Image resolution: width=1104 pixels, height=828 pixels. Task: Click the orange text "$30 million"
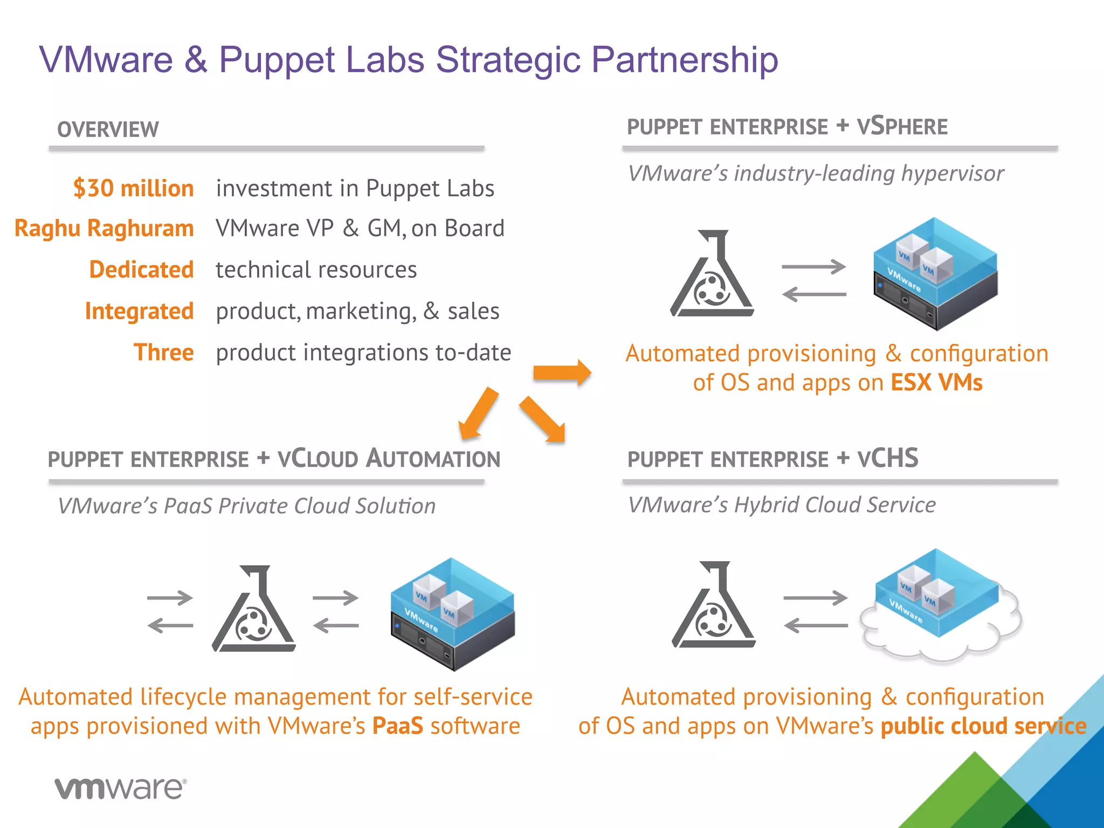click(133, 189)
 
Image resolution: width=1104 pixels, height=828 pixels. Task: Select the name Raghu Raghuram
click(104, 229)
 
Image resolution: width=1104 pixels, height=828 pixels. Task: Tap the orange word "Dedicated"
click(141, 270)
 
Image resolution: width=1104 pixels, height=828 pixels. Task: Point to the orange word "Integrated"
click(139, 311)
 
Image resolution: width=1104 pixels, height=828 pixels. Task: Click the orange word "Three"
click(163, 353)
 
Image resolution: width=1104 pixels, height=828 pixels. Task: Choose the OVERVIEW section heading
click(108, 130)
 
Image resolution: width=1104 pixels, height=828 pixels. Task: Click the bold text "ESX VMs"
click(936, 383)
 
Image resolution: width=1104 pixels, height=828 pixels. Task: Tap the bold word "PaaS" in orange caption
click(398, 726)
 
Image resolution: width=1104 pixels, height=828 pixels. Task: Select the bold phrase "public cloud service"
click(983, 726)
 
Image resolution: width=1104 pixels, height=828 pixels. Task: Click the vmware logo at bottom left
click(120, 789)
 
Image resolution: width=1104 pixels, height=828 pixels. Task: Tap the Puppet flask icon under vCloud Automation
click(254, 609)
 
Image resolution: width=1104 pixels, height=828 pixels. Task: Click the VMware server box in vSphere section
click(935, 273)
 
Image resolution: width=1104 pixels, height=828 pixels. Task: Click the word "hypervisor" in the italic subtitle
click(952, 174)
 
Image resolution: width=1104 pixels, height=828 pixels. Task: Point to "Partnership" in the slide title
click(685, 59)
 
